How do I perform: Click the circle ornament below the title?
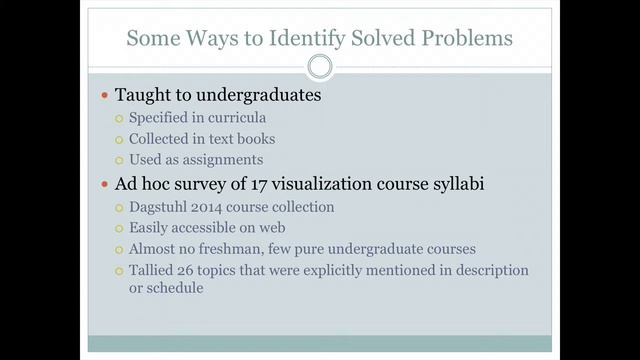click(319, 67)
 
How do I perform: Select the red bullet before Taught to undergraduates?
click(105, 97)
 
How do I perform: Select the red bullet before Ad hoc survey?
click(105, 185)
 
